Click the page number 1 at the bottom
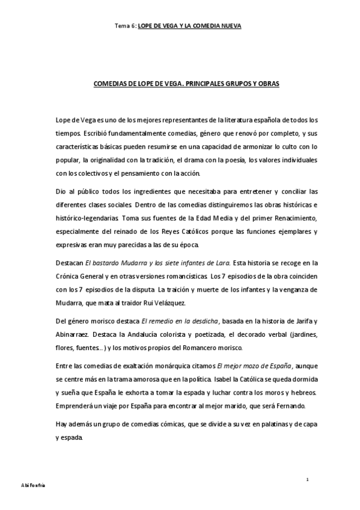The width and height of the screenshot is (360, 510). (307, 479)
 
